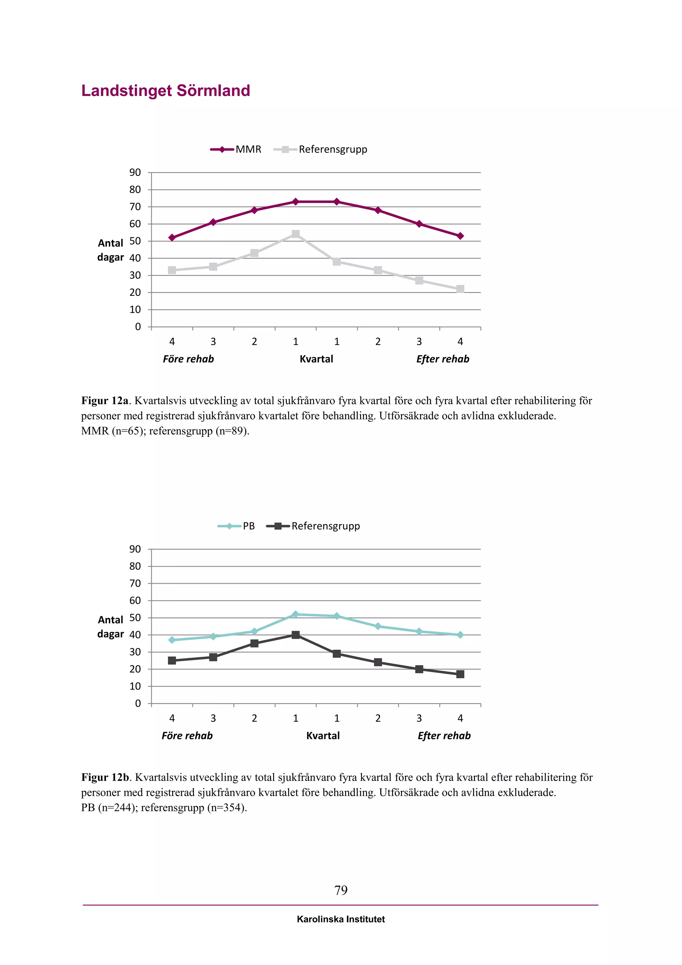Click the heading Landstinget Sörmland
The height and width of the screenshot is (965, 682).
click(166, 91)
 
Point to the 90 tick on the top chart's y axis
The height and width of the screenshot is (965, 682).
click(135, 172)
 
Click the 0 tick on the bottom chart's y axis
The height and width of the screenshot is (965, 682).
click(138, 703)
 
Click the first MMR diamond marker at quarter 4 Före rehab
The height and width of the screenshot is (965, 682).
click(172, 238)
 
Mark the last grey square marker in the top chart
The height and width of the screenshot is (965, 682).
click(460, 289)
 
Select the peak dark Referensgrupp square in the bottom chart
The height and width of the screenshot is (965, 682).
click(296, 635)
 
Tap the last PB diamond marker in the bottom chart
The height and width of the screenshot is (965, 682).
click(460, 635)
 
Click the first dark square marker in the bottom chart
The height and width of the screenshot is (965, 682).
click(172, 660)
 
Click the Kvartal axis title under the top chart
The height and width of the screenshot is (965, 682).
click(316, 359)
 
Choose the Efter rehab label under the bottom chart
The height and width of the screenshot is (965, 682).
click(444, 735)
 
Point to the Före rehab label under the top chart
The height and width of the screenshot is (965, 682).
click(188, 359)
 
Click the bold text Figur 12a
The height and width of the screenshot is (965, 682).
click(105, 401)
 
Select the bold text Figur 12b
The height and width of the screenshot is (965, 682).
click(105, 777)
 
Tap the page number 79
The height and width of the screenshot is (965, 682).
click(341, 890)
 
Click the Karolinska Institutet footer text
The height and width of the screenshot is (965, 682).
click(341, 919)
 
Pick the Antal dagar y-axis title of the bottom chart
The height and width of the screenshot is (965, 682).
click(111, 627)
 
